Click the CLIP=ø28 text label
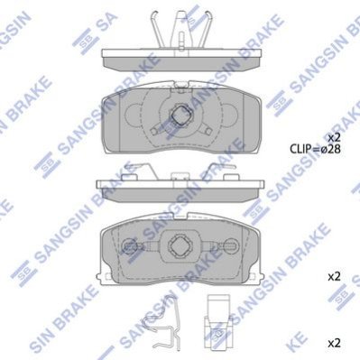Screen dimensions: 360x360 [x=315, y=149]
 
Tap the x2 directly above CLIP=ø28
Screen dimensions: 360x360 [x=334, y=138]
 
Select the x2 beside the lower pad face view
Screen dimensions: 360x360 [x=334, y=276]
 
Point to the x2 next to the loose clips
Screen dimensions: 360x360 [x=334, y=343]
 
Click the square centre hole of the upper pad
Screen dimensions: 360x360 [x=180, y=115]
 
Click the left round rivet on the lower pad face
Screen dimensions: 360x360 [x=130, y=246]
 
